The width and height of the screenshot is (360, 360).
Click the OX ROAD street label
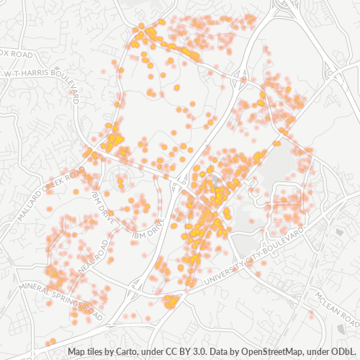pyautogui.click(x=17, y=53)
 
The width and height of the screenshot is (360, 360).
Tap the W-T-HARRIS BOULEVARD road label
pyautogui.click(x=42, y=73)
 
